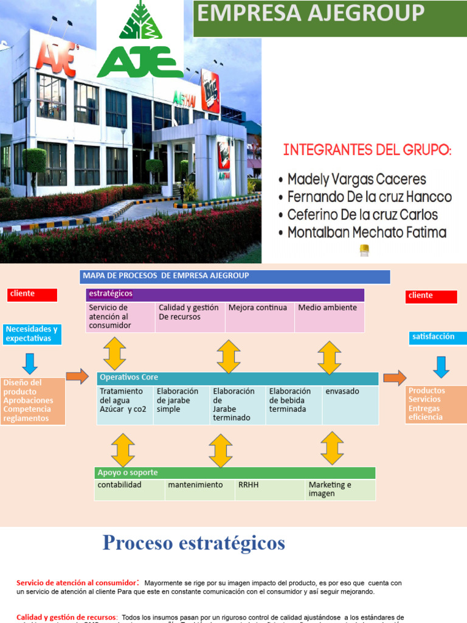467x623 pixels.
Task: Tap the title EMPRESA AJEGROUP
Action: coord(310,13)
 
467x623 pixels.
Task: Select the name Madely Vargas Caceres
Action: coord(356,179)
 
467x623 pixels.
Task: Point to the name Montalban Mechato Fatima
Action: coord(367,232)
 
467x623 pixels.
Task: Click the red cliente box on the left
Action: coord(32,294)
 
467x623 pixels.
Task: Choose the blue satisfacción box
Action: coord(438,337)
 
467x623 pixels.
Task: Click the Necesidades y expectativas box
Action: coord(32,334)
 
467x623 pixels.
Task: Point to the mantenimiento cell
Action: coord(199,489)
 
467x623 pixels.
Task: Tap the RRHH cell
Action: coord(269,489)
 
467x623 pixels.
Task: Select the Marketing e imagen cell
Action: coord(339,489)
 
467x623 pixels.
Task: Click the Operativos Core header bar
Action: coord(237,378)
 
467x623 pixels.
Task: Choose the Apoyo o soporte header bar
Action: coord(235,473)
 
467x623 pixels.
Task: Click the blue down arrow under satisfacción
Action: coord(441,367)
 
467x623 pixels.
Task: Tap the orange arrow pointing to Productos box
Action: coord(395,378)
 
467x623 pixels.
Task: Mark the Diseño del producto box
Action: coord(33,401)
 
